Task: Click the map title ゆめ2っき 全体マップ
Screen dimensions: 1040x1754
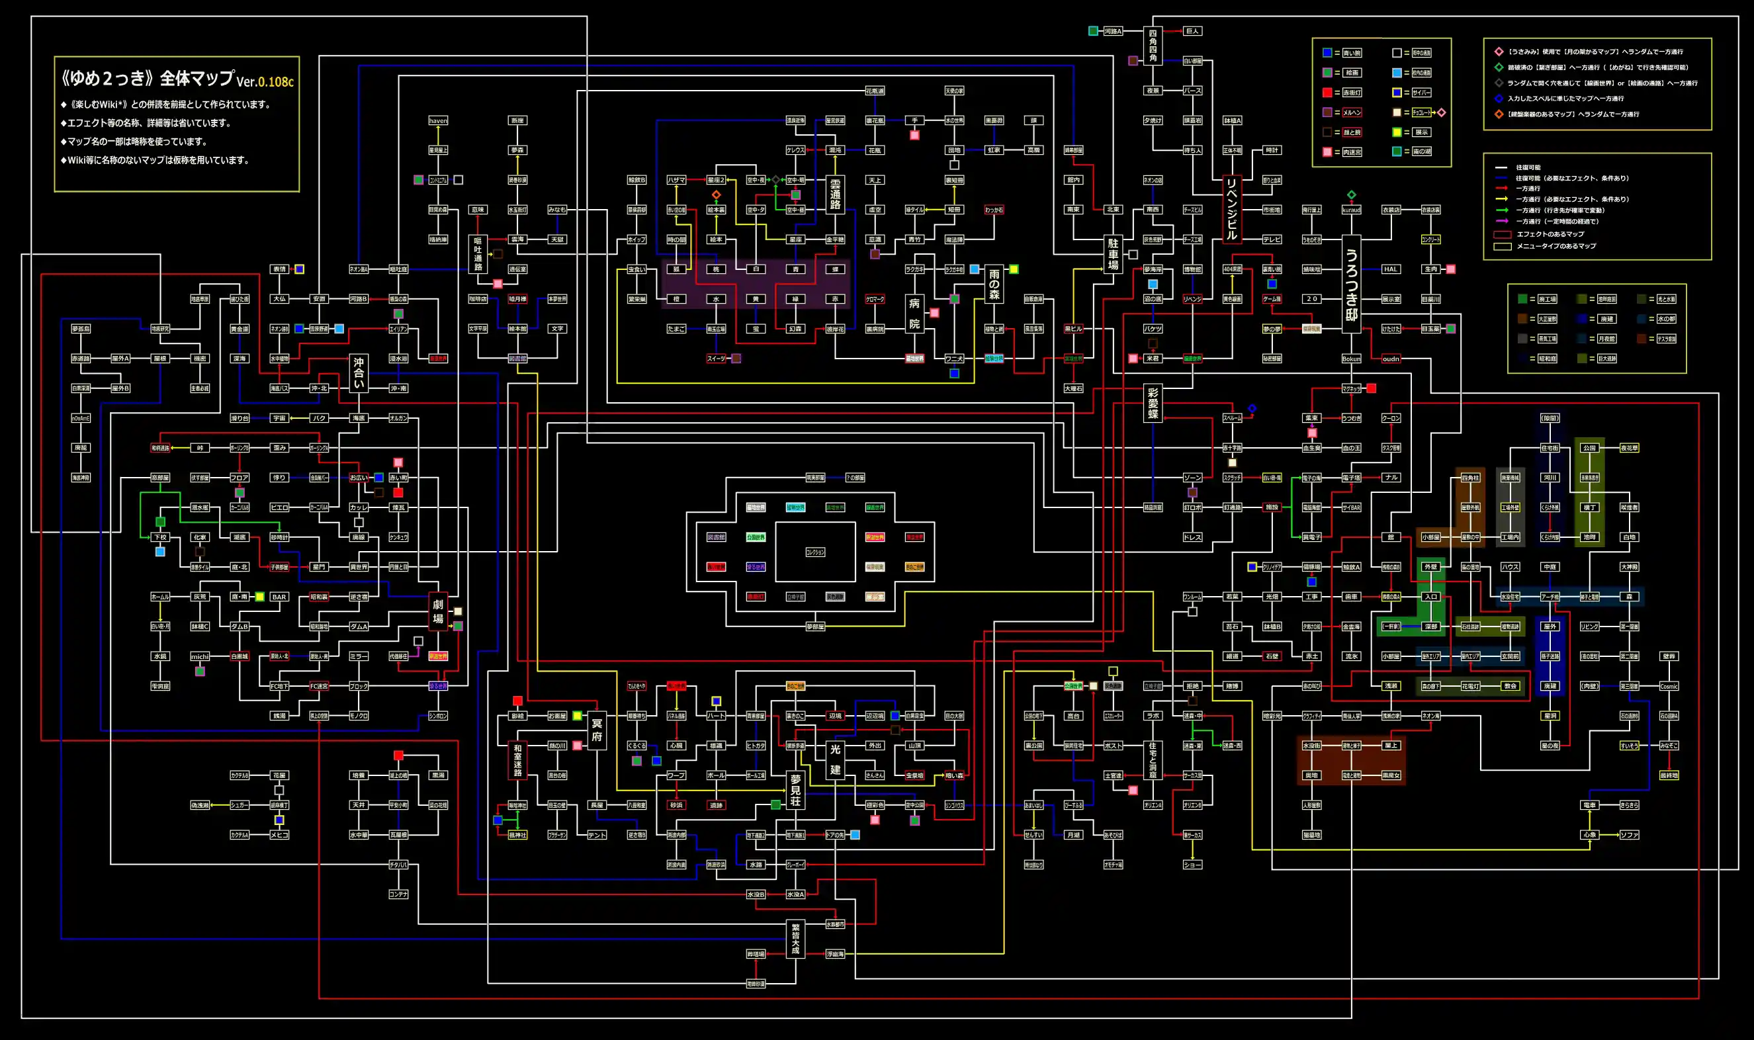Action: pyautogui.click(x=147, y=78)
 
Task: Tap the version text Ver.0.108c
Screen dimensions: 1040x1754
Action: pyautogui.click(x=265, y=81)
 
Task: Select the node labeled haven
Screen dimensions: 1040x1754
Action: pyautogui.click(x=438, y=120)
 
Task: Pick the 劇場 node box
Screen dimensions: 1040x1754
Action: pyautogui.click(x=438, y=611)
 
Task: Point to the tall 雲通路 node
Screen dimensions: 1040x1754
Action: pyautogui.click(x=834, y=194)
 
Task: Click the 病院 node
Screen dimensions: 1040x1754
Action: pyautogui.click(x=914, y=314)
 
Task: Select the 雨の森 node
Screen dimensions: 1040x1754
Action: pyautogui.click(x=994, y=284)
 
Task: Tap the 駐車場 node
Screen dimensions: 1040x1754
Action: pyautogui.click(x=1113, y=253)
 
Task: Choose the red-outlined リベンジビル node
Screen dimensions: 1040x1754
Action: pyautogui.click(x=1231, y=208)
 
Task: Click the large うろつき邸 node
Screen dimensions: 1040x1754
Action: pyautogui.click(x=1351, y=284)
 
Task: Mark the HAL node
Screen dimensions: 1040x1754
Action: pyautogui.click(x=1390, y=269)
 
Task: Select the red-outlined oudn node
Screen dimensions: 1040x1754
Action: pyautogui.click(x=1390, y=359)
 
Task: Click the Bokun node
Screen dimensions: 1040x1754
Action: pyautogui.click(x=1351, y=359)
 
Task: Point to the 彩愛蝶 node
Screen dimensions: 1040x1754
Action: pyautogui.click(x=1153, y=403)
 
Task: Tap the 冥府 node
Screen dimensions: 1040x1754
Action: pyautogui.click(x=596, y=730)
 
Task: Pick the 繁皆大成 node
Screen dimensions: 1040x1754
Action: pyautogui.click(x=795, y=939)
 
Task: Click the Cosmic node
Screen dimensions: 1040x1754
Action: pyautogui.click(x=1669, y=686)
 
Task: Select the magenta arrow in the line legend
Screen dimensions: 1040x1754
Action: pyautogui.click(x=1501, y=222)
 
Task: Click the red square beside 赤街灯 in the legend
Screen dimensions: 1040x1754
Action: pyautogui.click(x=1327, y=93)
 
